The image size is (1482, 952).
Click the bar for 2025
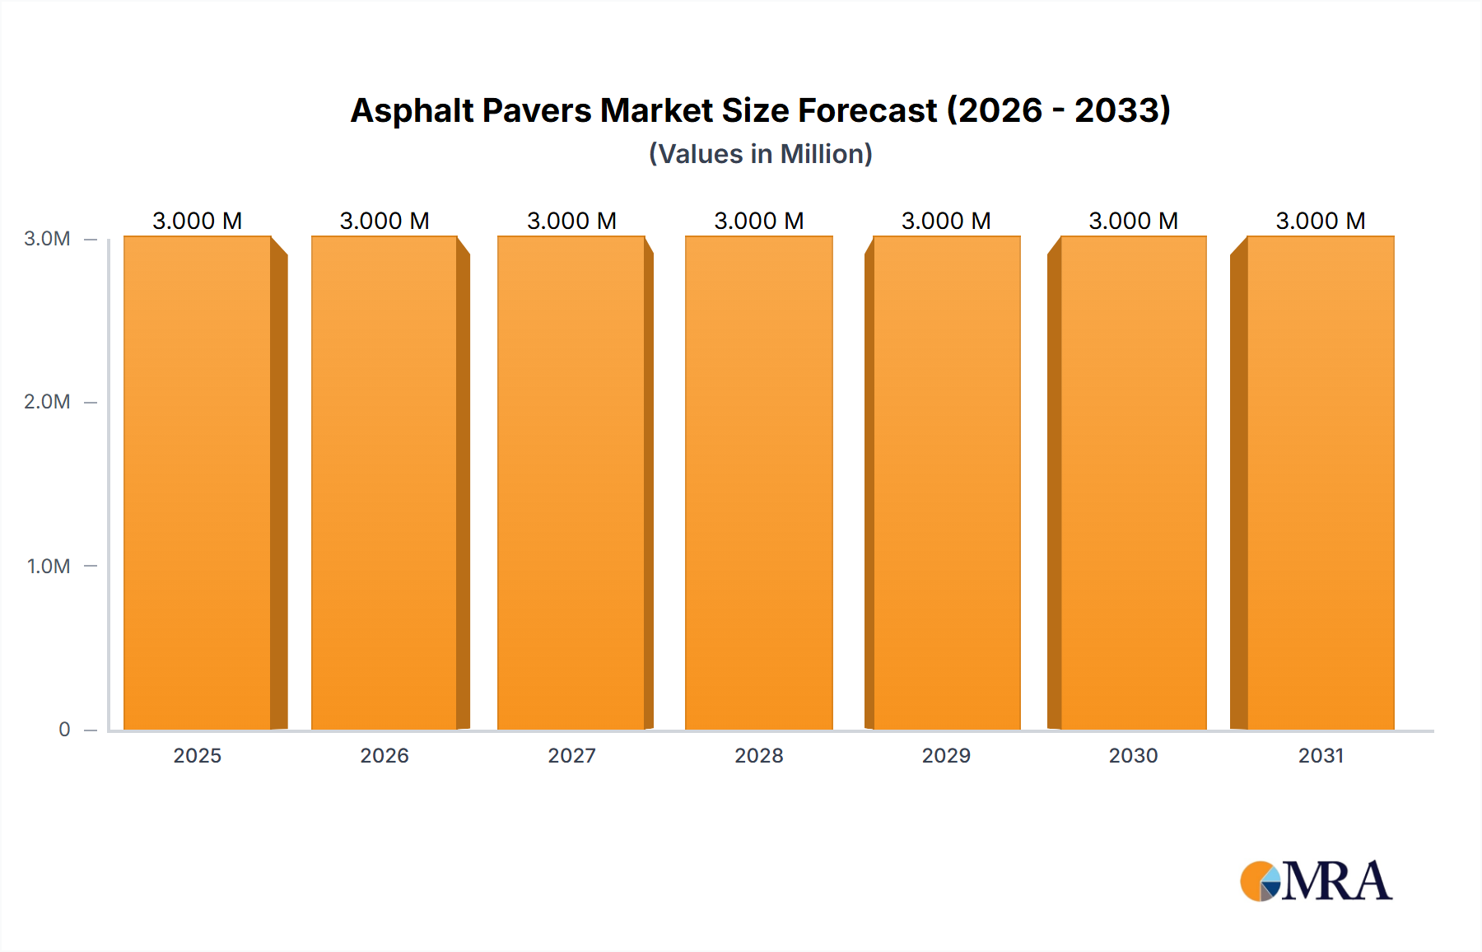pyautogui.click(x=198, y=483)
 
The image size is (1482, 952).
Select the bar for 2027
pyautogui.click(x=571, y=483)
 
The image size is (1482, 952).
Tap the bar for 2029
pyautogui.click(x=946, y=483)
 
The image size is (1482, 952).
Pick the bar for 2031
pyautogui.click(x=1321, y=483)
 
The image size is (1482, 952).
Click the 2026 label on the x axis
pyautogui.click(x=384, y=755)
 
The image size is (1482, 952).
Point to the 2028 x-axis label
pyautogui.click(x=759, y=755)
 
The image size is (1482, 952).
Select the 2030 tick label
pyautogui.click(x=1134, y=755)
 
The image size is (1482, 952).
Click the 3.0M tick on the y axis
pyautogui.click(x=47, y=239)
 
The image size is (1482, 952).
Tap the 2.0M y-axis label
pyautogui.click(x=47, y=402)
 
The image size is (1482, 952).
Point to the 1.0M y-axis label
pyautogui.click(x=48, y=566)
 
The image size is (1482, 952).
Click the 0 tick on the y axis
pyautogui.click(x=64, y=729)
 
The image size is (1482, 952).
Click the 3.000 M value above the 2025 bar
pyautogui.click(x=198, y=221)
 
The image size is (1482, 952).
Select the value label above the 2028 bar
pyautogui.click(x=759, y=221)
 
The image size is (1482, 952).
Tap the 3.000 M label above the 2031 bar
pyautogui.click(x=1321, y=221)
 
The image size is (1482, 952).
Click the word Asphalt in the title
pyautogui.click(x=412, y=110)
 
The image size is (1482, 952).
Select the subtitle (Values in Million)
pyautogui.click(x=761, y=154)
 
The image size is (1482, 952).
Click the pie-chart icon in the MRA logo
pyautogui.click(x=1261, y=881)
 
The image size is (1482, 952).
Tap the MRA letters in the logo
pyautogui.click(x=1337, y=881)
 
